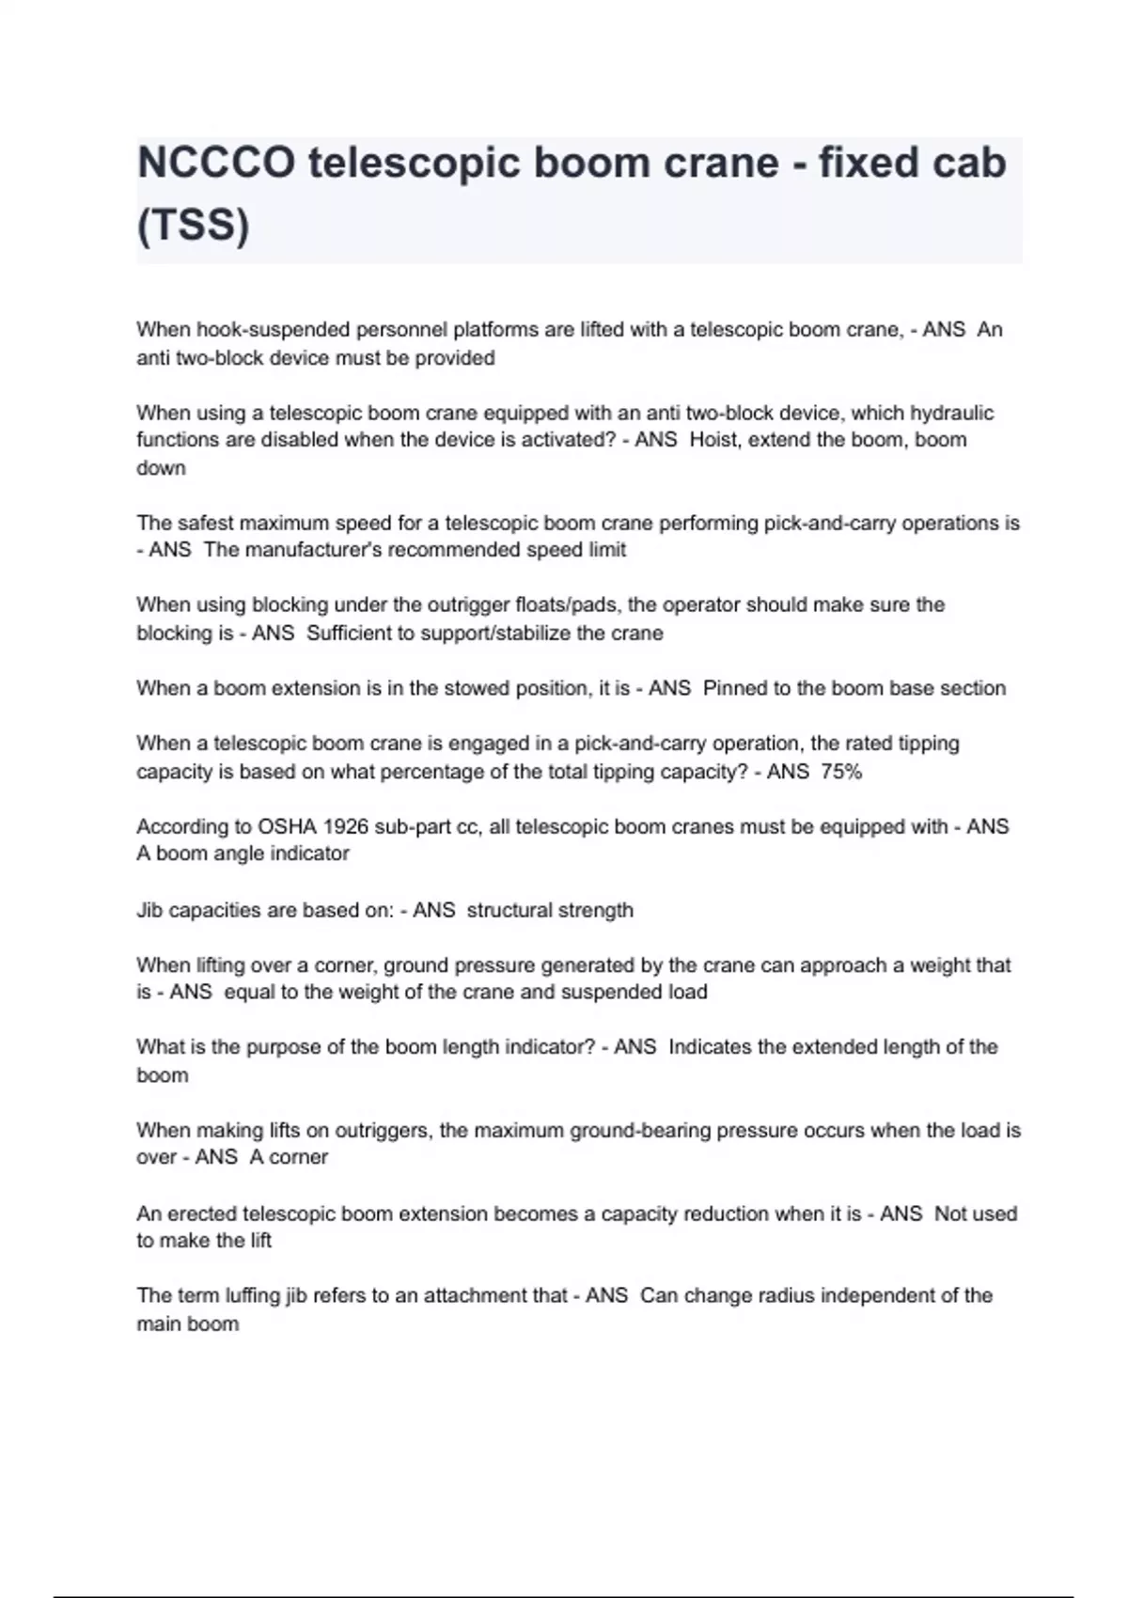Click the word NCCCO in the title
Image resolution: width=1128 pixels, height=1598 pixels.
(x=215, y=163)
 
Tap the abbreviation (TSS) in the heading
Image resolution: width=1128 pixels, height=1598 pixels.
(x=193, y=226)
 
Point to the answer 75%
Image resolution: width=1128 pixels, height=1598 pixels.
(x=841, y=772)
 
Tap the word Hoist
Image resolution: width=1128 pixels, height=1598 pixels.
(x=713, y=440)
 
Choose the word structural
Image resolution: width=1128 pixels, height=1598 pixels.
(x=509, y=910)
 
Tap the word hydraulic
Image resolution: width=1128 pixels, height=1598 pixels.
(x=951, y=413)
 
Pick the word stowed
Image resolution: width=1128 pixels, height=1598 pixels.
(x=468, y=688)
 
